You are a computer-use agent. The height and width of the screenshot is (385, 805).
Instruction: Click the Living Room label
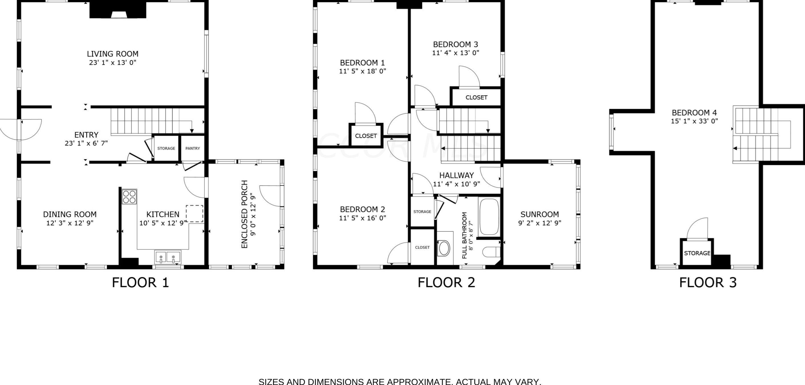tap(113, 54)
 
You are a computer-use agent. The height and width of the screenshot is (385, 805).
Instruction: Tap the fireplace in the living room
tap(118, 9)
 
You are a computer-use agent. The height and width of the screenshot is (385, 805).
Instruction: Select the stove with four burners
tap(129, 197)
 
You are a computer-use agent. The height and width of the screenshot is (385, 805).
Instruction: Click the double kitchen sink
tap(168, 257)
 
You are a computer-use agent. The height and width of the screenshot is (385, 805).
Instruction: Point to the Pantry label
tap(192, 148)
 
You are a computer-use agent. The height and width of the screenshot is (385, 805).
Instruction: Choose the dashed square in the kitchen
tap(195, 213)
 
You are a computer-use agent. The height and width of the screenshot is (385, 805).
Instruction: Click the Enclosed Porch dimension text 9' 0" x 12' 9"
tap(253, 215)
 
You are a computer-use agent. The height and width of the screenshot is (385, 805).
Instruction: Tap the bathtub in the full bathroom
tap(489, 217)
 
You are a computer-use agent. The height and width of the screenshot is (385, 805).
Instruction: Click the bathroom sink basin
tap(445, 248)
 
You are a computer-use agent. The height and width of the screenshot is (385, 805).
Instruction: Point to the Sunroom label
tap(540, 214)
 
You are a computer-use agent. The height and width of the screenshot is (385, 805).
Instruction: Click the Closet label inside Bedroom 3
tap(476, 98)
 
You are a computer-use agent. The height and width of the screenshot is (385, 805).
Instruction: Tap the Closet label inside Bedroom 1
tap(366, 136)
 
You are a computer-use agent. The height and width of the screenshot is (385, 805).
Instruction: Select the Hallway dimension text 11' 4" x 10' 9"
tap(457, 184)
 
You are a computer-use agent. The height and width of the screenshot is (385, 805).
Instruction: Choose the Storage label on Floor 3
tap(697, 253)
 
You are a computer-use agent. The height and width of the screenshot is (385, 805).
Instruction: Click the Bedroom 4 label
tap(694, 113)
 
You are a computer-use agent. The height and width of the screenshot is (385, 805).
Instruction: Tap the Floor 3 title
tap(708, 283)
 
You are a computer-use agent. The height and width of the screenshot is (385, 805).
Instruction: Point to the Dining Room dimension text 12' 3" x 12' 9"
tap(70, 223)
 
